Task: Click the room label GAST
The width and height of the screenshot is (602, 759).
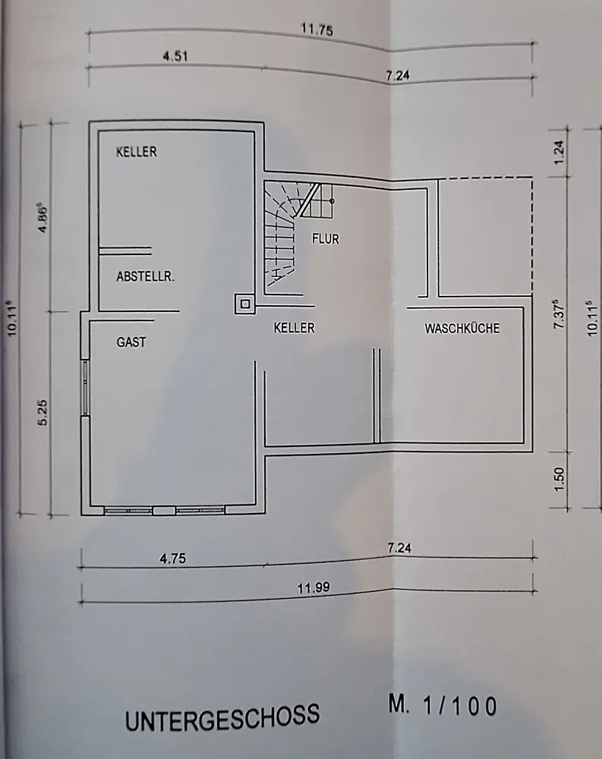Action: click(x=131, y=342)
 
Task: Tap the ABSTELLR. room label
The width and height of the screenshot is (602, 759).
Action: click(x=145, y=277)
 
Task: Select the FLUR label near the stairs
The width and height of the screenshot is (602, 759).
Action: click(x=326, y=238)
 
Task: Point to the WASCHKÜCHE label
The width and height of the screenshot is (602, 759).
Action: click(x=462, y=329)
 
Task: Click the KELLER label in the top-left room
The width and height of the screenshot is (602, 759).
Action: click(x=137, y=152)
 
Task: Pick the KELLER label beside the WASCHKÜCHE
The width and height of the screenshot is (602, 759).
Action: click(x=294, y=329)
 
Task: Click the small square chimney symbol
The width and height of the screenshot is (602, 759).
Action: click(x=245, y=304)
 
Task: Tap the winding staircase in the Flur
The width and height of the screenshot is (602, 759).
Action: click(x=282, y=231)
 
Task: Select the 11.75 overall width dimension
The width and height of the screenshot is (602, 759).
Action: click(x=317, y=31)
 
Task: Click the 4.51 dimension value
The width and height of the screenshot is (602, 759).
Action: click(x=175, y=55)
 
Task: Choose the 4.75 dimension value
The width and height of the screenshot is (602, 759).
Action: click(x=173, y=559)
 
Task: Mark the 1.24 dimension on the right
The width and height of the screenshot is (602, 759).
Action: click(x=560, y=153)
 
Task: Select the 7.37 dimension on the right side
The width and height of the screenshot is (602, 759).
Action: click(x=560, y=313)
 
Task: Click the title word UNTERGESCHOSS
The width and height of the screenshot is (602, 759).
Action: click(x=222, y=716)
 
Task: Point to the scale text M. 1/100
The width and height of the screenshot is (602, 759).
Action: click(x=443, y=706)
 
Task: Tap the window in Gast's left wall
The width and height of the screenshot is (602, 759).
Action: click(x=86, y=388)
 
